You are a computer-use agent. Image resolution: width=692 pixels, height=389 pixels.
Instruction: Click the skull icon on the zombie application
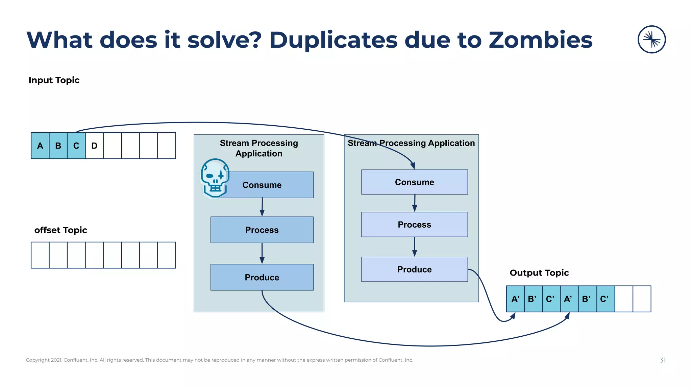(215, 178)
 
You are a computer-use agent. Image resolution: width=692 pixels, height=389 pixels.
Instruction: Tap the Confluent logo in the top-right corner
(651, 40)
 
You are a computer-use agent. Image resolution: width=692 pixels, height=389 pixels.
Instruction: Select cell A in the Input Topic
(40, 146)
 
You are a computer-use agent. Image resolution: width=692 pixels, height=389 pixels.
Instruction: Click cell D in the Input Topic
(94, 146)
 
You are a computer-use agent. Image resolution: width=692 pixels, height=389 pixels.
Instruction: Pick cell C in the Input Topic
(76, 146)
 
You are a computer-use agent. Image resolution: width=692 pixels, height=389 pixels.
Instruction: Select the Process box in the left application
(262, 230)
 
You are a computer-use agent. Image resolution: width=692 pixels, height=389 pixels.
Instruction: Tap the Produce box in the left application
(262, 277)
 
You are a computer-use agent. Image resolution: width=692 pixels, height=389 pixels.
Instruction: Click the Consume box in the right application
(414, 182)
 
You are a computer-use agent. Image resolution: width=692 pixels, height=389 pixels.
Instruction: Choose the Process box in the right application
(414, 225)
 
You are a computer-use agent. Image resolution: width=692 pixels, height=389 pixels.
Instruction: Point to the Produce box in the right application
(414, 269)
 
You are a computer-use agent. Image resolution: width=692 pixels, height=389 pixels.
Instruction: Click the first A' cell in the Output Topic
(515, 299)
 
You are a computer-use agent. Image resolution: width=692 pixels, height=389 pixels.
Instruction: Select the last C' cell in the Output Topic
(605, 299)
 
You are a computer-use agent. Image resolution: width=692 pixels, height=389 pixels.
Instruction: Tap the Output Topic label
(539, 273)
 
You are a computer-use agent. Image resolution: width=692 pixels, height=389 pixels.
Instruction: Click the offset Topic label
(61, 230)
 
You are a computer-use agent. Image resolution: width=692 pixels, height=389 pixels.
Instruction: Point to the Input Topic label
(54, 80)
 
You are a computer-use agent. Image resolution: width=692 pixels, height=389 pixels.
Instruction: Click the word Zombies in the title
(540, 40)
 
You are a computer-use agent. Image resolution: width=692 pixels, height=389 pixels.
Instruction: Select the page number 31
(662, 360)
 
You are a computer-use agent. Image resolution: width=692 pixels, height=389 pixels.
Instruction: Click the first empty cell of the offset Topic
(40, 255)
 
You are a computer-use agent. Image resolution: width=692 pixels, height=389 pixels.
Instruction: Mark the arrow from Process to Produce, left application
(262, 253)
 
